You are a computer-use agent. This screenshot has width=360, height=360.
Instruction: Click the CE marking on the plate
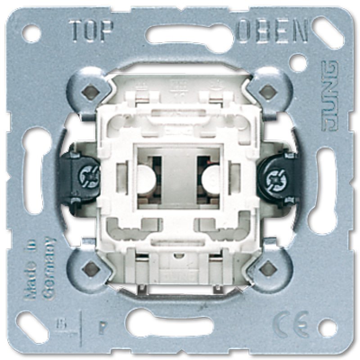(x=291, y=320)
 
